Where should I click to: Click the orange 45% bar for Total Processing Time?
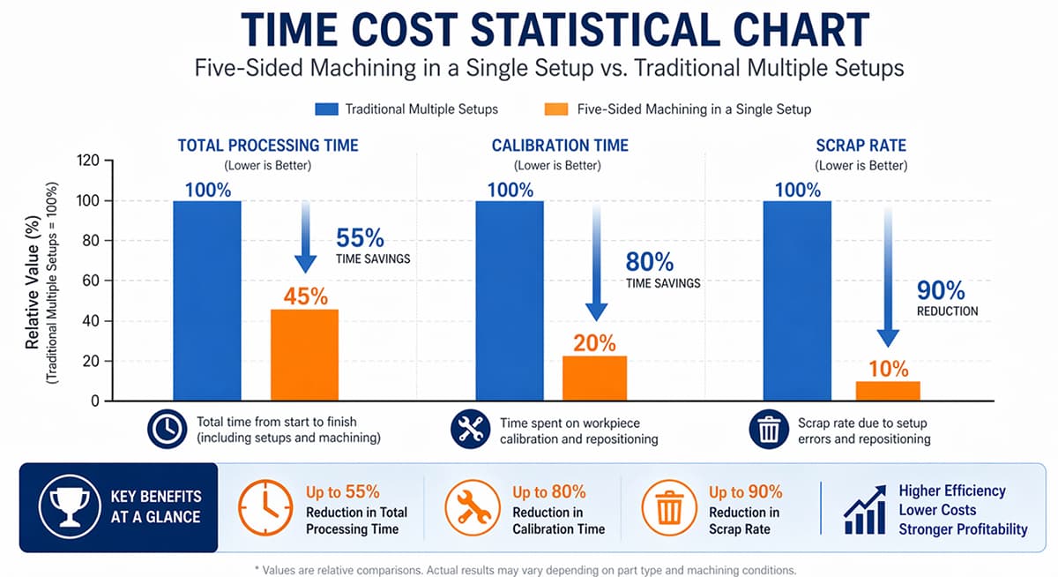coord(305,355)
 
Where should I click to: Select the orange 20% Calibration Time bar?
coord(594,378)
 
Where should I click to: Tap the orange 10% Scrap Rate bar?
coord(888,391)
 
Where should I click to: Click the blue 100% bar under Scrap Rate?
coord(797,301)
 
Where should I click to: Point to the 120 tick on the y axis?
coord(88,161)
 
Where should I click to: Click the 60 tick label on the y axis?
coord(88,281)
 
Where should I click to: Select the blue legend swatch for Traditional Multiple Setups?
coord(326,109)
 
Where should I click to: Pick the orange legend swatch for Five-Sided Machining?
coord(556,109)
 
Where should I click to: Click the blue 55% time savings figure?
coord(360,237)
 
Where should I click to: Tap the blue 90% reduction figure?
coord(941,290)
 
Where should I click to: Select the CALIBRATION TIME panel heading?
coord(560,146)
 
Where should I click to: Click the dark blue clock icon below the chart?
coord(168,429)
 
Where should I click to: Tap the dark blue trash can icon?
coord(769,429)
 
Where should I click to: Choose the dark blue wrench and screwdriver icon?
coord(471,429)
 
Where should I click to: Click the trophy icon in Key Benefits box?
coord(70,506)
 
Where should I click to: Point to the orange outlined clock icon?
coord(265,507)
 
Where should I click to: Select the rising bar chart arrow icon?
coord(865,509)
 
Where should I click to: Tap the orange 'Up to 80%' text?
coord(549,492)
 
